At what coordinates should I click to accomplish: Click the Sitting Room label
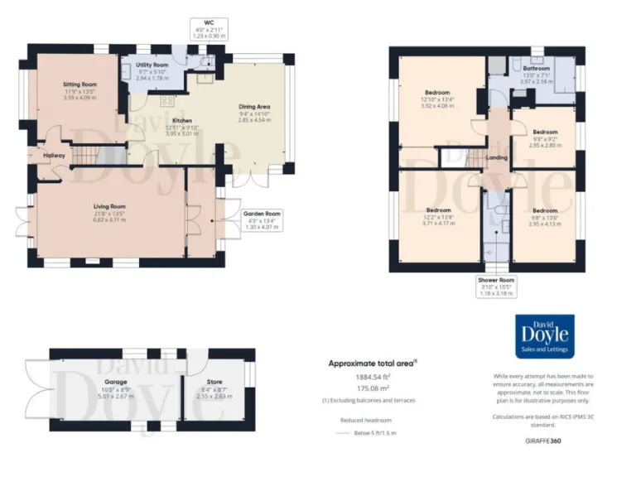pos(80,84)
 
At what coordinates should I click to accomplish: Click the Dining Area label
pos(254,107)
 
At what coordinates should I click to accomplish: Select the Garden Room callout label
pos(261,214)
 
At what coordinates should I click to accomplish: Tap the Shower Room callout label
pos(497,280)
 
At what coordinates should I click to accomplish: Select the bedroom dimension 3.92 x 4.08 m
pos(437,106)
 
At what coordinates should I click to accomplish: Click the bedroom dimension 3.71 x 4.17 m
pos(438,224)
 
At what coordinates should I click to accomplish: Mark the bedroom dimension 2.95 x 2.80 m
pos(545,145)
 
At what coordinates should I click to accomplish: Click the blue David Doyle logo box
pos(544,338)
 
